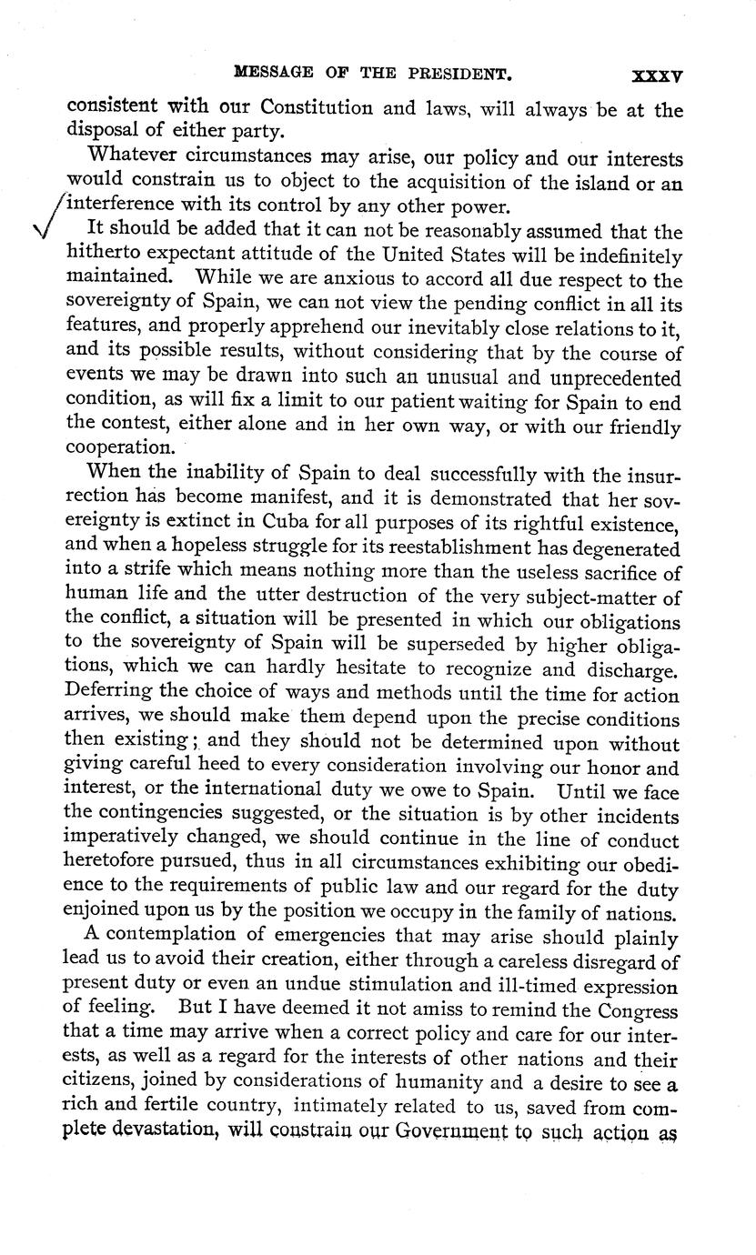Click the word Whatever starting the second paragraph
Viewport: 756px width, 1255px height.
[x=126, y=158]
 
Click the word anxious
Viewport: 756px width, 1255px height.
[x=332, y=280]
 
